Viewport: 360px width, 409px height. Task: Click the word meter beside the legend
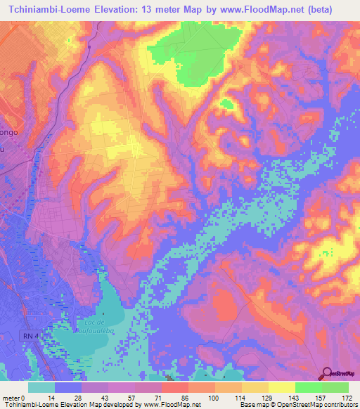click(10, 397)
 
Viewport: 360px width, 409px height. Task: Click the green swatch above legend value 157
click(308, 387)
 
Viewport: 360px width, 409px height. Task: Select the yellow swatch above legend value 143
click(281, 387)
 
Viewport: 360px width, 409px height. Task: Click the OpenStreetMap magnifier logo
click(326, 373)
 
